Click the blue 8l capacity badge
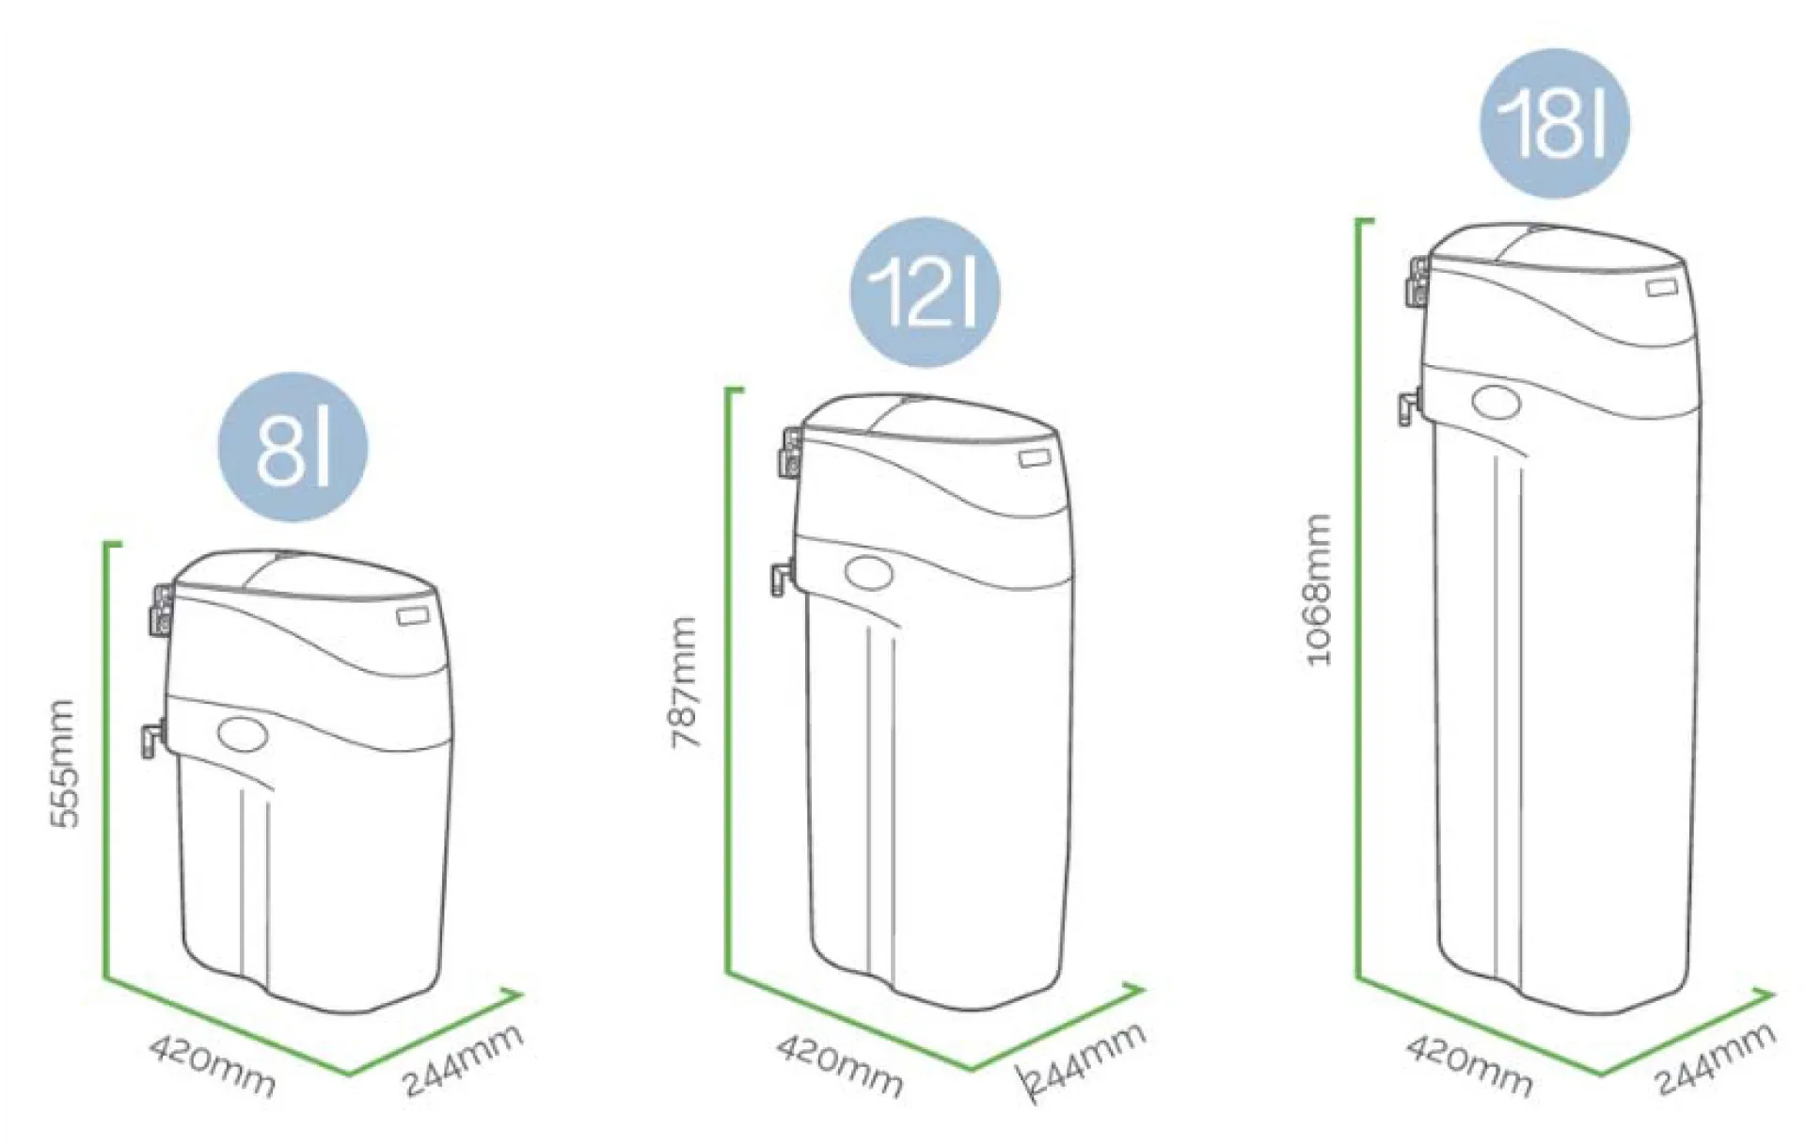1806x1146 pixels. (x=293, y=446)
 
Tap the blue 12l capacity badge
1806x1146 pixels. (x=925, y=293)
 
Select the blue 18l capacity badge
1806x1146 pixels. (x=1555, y=123)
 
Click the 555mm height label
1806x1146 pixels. (x=63, y=763)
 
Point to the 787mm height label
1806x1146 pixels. (x=685, y=683)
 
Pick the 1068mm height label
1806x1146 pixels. (x=1320, y=590)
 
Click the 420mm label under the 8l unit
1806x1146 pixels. (x=213, y=1066)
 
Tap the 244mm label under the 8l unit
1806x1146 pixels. (x=463, y=1059)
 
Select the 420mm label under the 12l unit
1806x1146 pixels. (x=840, y=1066)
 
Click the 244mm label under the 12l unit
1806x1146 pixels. (x=1085, y=1059)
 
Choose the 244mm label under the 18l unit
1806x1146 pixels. (x=1716, y=1059)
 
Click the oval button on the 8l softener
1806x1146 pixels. (x=243, y=733)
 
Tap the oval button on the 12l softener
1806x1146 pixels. (x=870, y=573)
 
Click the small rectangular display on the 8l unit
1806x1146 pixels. (x=412, y=616)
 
